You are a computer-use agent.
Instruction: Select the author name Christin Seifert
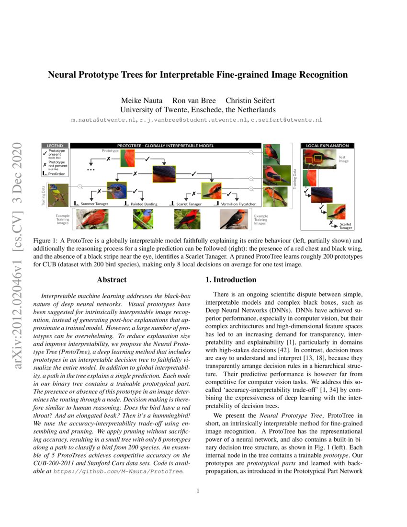pyautogui.click(x=250, y=101)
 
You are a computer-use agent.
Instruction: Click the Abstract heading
pyautogui.click(x=112, y=279)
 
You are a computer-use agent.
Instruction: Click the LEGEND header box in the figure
pyautogui.click(x=56, y=145)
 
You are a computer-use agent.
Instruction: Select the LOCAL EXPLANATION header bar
pyautogui.click(x=327, y=145)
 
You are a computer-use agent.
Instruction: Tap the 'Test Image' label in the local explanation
pyautogui.click(x=344, y=159)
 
